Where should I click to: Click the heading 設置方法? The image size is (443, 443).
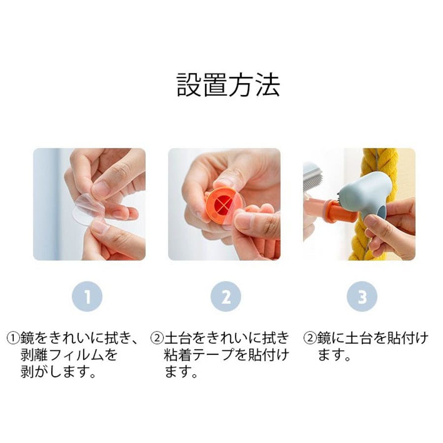click(228, 85)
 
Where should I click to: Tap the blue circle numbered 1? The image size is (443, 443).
click(87, 296)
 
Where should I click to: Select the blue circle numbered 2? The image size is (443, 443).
click(226, 296)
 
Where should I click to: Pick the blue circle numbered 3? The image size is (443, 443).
click(362, 296)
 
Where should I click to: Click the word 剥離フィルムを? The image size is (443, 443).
click(68, 355)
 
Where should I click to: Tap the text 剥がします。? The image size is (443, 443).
click(58, 373)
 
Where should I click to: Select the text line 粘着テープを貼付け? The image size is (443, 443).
click(226, 355)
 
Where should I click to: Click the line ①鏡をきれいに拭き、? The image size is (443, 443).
click(73, 338)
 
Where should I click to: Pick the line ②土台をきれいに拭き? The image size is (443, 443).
click(220, 338)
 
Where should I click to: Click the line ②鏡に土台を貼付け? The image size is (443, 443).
click(366, 338)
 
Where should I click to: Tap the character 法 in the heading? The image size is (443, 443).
click(268, 85)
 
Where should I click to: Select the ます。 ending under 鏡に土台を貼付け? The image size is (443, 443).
click(334, 355)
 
